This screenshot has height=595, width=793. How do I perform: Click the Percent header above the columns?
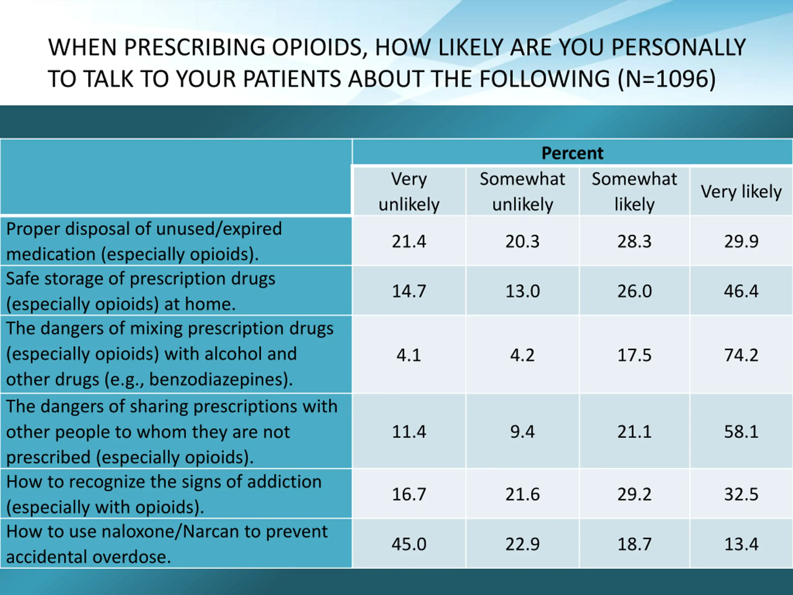572,153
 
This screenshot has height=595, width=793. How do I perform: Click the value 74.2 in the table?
741,355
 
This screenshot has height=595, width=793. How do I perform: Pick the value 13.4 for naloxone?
741,544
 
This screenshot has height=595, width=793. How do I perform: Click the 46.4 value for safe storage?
741,291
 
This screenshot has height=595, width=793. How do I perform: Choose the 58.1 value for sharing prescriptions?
741,431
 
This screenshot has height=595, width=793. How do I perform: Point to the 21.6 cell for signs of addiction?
522,494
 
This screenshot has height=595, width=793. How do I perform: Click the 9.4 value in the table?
522,431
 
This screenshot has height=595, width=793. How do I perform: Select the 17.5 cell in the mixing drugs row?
634,355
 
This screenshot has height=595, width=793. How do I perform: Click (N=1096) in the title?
667,79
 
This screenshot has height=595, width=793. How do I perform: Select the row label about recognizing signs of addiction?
164,494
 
